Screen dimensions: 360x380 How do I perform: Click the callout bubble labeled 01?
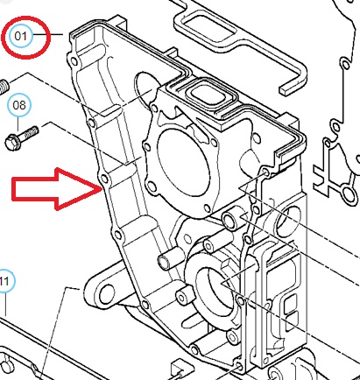tap(20, 36)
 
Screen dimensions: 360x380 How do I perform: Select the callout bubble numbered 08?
tap(19, 105)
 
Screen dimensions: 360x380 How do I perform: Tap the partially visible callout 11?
tap(6, 281)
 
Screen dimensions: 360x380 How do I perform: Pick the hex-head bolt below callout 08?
tap(22, 137)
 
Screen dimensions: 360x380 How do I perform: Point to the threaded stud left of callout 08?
tap(4, 87)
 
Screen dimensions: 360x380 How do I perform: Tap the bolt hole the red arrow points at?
tap(103, 179)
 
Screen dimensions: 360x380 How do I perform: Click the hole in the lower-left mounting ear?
tap(107, 294)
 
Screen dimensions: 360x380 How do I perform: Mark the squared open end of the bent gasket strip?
tap(288, 89)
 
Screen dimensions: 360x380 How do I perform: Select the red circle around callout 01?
tap(26, 38)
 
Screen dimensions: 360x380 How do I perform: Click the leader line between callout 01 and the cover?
tap(47, 35)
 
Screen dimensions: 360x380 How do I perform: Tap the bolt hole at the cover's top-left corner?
tap(74, 61)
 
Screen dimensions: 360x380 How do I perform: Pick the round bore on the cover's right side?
tap(286, 221)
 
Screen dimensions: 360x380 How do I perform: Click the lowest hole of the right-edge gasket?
tap(349, 194)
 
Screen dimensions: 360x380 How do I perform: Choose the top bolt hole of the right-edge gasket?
tap(345, 64)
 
